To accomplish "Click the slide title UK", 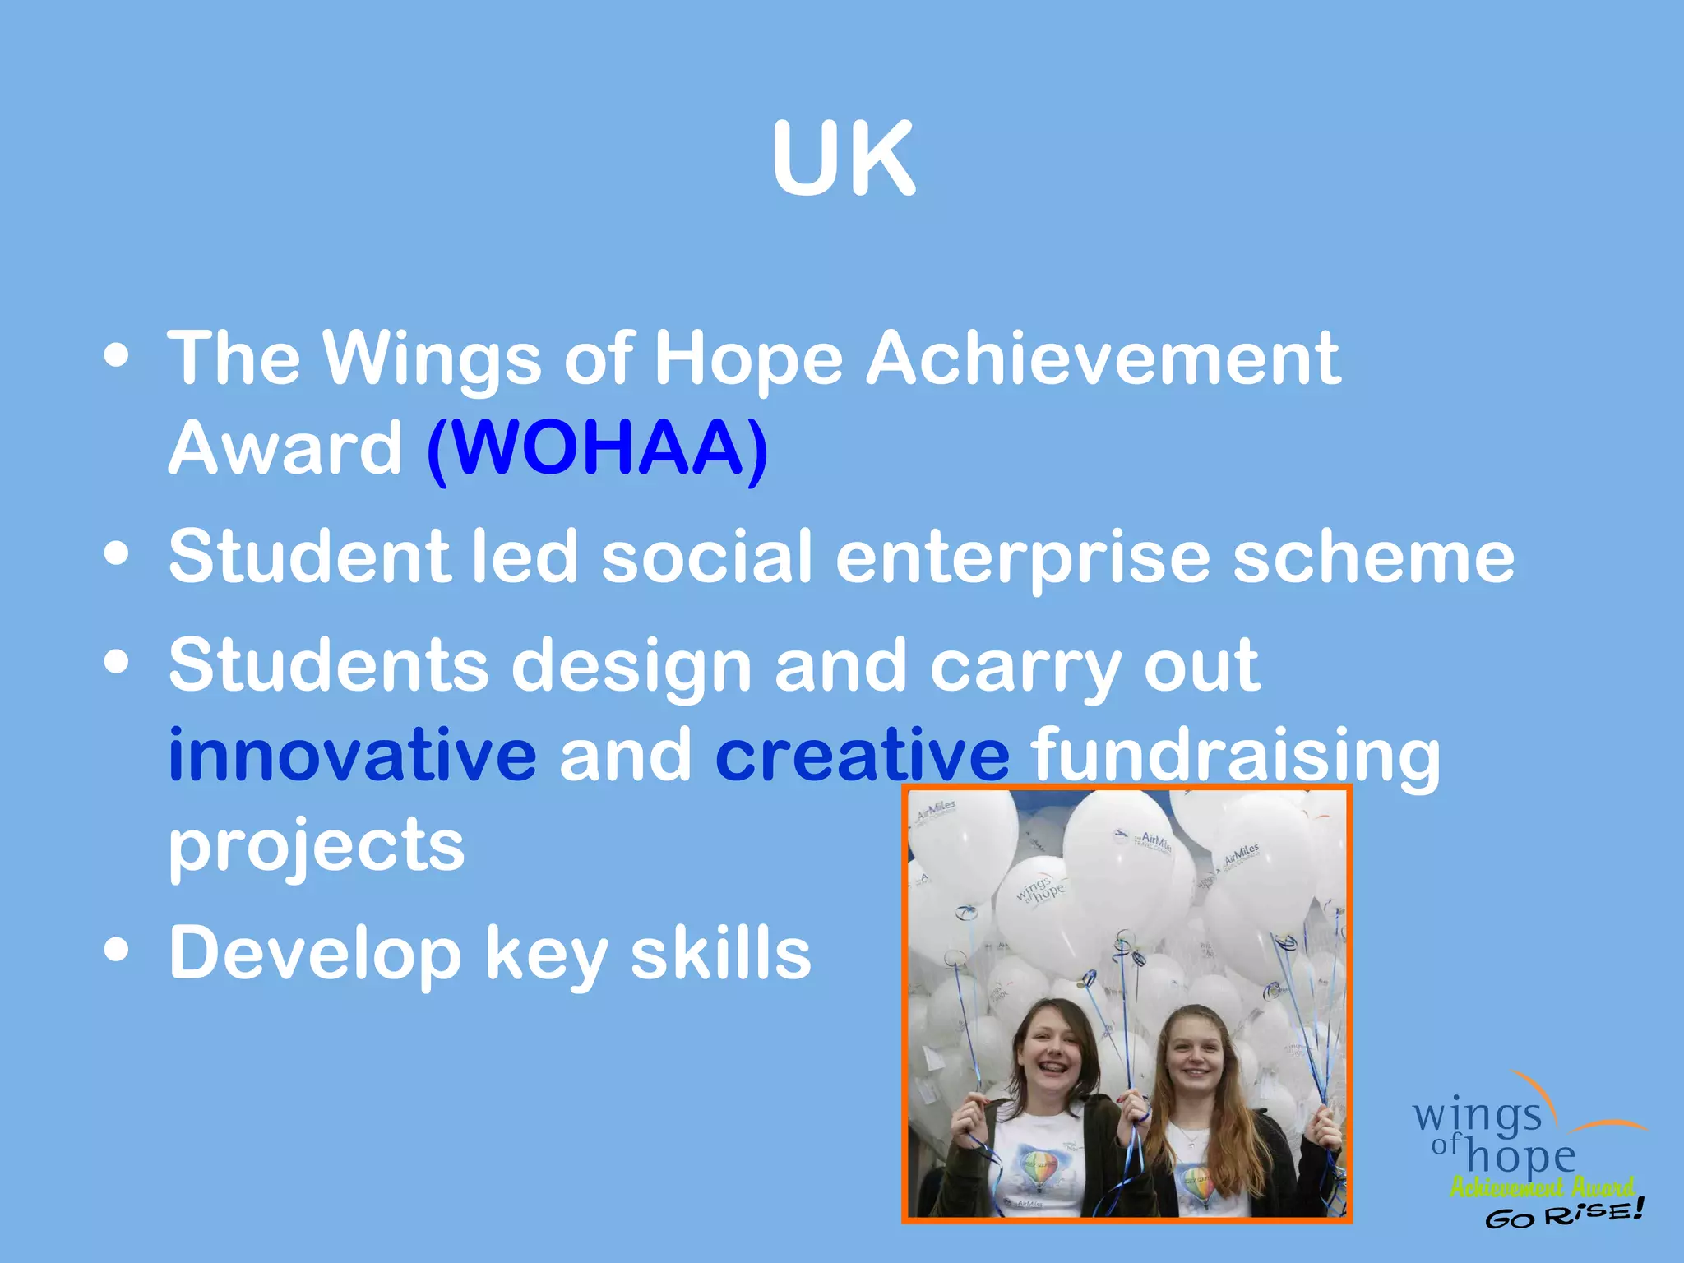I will [x=843, y=158].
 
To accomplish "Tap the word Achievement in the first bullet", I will [x=1103, y=359].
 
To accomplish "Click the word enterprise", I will [x=1022, y=557].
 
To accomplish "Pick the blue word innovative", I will [x=352, y=755].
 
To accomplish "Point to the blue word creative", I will [x=862, y=755].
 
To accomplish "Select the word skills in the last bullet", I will [x=720, y=954].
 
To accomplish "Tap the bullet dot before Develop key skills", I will [x=117, y=951].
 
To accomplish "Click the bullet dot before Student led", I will [x=117, y=553].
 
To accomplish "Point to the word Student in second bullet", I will [x=309, y=557].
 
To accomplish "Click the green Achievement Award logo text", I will [x=1541, y=1187].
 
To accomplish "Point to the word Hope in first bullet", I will [x=748, y=359].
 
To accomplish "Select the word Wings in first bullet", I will [x=432, y=359].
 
